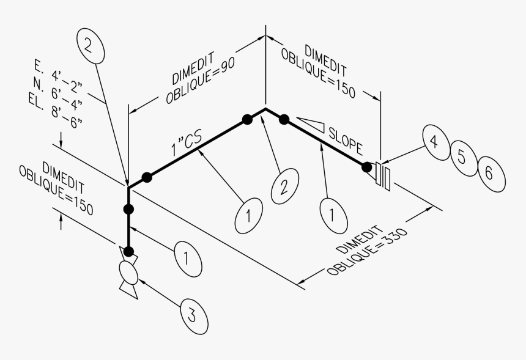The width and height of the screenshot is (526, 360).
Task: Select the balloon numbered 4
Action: click(433, 143)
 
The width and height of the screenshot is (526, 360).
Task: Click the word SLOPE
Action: click(346, 140)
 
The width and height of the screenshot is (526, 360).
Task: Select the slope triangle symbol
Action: click(311, 123)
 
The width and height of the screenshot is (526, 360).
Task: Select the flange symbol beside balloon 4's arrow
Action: click(384, 174)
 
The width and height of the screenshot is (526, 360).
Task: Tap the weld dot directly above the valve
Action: click(129, 251)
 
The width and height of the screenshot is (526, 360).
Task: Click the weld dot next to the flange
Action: click(366, 166)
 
